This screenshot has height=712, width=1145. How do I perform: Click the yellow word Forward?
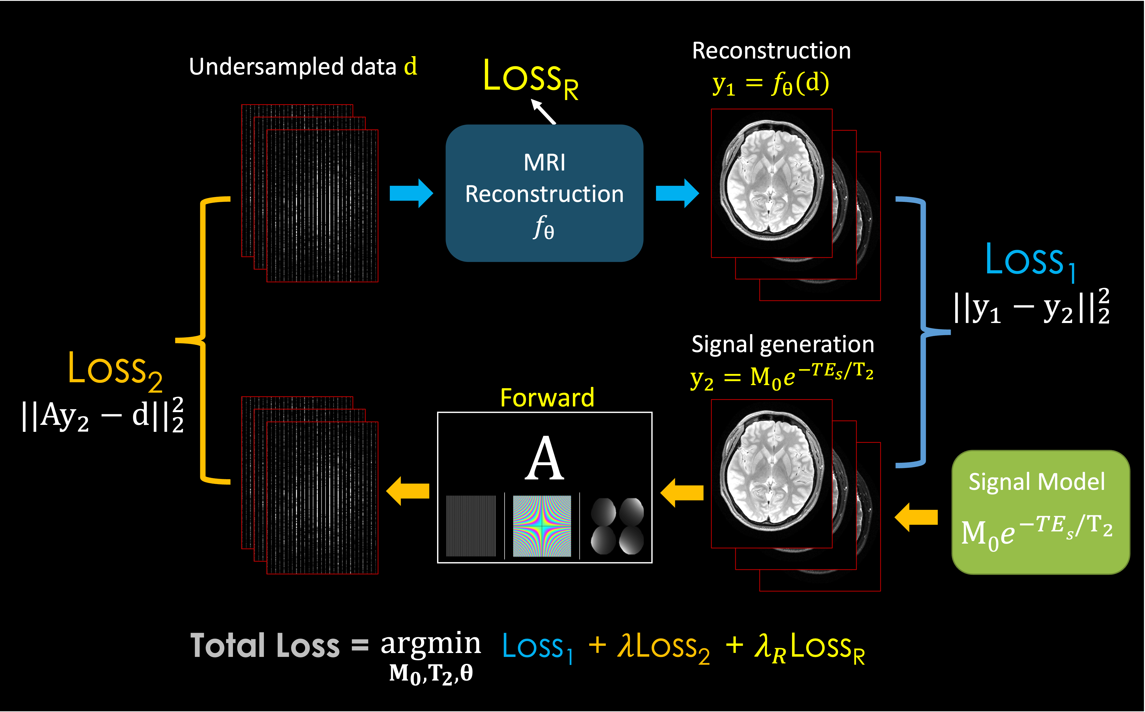[x=547, y=398]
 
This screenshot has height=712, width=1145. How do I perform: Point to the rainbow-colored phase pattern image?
[x=542, y=525]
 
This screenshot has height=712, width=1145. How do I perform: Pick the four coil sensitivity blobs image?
[x=617, y=525]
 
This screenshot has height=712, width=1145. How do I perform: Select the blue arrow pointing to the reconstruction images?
[x=677, y=193]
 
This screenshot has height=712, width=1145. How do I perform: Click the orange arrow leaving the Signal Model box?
[x=915, y=517]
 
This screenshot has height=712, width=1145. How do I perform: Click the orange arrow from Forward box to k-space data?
[x=407, y=491]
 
